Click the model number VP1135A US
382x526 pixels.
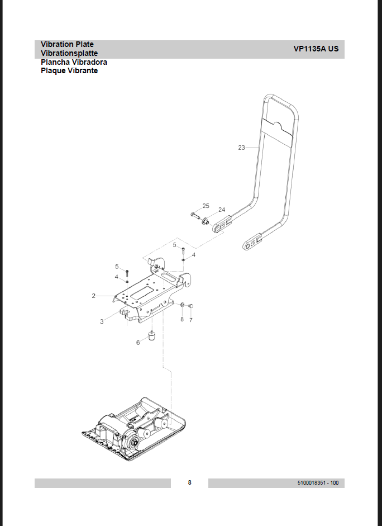(x=316, y=49)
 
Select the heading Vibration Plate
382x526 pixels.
(x=68, y=44)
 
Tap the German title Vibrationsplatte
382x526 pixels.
(x=69, y=53)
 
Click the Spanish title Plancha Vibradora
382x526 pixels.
(x=74, y=62)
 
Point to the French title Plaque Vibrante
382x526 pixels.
(x=69, y=71)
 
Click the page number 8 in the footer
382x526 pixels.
(x=190, y=482)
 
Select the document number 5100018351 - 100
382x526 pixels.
(x=318, y=483)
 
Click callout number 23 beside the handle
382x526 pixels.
(x=242, y=148)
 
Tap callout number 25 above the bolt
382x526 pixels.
(x=206, y=206)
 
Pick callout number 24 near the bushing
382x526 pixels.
(x=222, y=210)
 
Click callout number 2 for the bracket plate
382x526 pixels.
(x=93, y=296)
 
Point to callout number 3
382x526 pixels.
(x=102, y=321)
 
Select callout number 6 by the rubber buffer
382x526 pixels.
(x=138, y=343)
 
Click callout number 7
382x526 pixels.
(x=191, y=320)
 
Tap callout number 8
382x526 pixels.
(x=182, y=319)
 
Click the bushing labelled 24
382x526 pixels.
(x=205, y=221)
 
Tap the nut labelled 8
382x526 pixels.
(x=182, y=305)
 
